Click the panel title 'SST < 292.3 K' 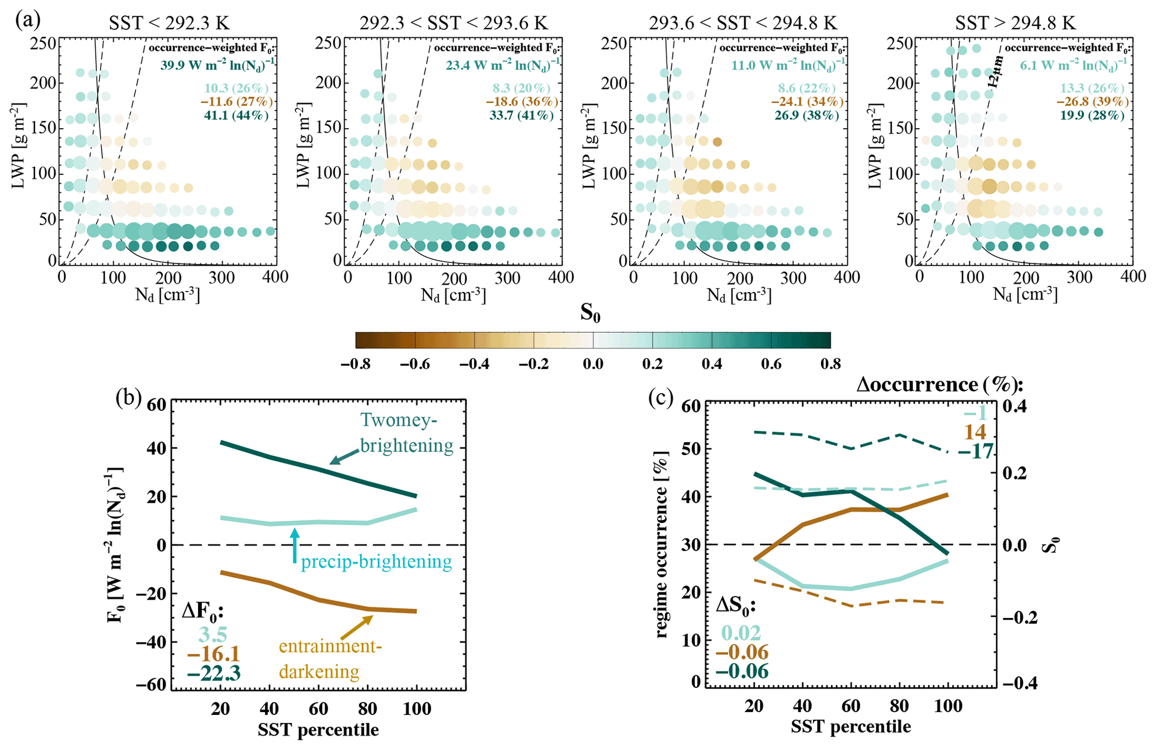169,23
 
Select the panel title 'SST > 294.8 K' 1015,23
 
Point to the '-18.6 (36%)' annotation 522,102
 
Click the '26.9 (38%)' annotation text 806,116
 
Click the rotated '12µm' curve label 995,72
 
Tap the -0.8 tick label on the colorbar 356,364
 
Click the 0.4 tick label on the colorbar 712,364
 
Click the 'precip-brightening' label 376,562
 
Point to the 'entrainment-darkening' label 330,659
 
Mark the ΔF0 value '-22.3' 214,673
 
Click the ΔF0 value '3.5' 213,635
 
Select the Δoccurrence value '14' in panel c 975,432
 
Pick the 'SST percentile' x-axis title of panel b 318,730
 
